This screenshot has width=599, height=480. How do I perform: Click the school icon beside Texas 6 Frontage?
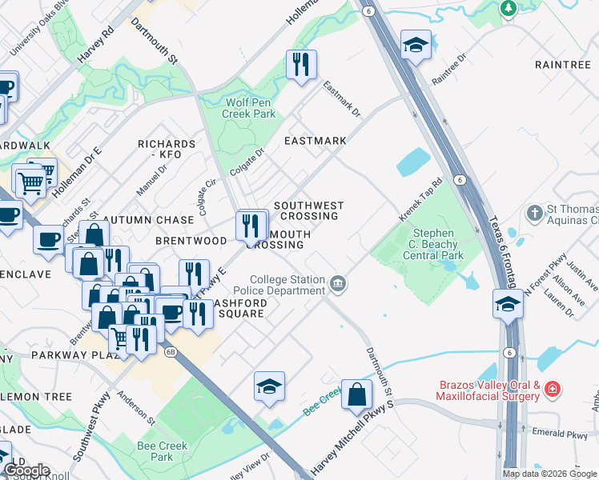coord(507,305)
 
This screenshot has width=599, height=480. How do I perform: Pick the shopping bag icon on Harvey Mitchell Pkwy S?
coord(356,394)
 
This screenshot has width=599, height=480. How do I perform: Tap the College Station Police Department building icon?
coord(339,282)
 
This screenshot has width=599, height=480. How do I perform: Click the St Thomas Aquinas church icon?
coord(534,214)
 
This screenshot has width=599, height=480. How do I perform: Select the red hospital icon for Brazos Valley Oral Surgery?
coord(551,390)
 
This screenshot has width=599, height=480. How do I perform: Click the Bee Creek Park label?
coord(162,451)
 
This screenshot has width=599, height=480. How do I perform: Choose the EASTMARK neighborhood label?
coord(316,141)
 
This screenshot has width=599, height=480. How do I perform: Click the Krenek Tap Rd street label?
coord(421,202)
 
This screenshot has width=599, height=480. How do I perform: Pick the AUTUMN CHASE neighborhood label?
coord(147,219)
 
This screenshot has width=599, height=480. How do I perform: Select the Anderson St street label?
coord(135,406)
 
